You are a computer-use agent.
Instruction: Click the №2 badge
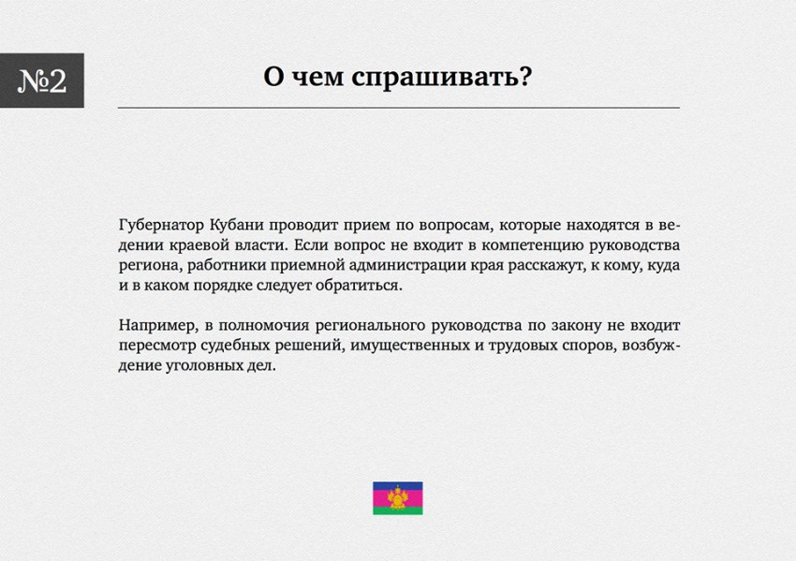41,81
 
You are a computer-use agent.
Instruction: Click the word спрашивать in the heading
434,78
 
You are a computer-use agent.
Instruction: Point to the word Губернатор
161,225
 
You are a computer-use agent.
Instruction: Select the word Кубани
236,225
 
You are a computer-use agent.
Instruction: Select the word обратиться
359,286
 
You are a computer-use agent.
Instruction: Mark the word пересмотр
157,347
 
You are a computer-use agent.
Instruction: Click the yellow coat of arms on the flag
397,497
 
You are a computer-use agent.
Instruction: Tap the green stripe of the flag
397,510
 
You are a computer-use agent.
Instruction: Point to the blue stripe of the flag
397,486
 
